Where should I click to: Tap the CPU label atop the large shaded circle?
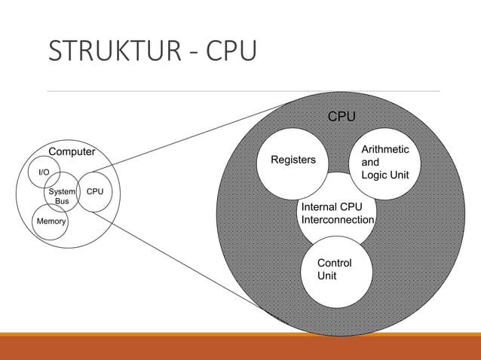[x=341, y=117]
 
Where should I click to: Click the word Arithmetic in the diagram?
[x=385, y=150]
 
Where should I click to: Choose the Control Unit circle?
[x=335, y=270]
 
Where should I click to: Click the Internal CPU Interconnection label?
[x=337, y=213]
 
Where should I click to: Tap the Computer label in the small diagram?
[x=72, y=151]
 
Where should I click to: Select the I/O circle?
[x=44, y=172]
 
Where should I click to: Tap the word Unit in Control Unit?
[x=327, y=276]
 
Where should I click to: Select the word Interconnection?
[x=337, y=220]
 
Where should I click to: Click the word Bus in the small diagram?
[x=63, y=201]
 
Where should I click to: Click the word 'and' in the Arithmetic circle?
[x=370, y=163]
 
